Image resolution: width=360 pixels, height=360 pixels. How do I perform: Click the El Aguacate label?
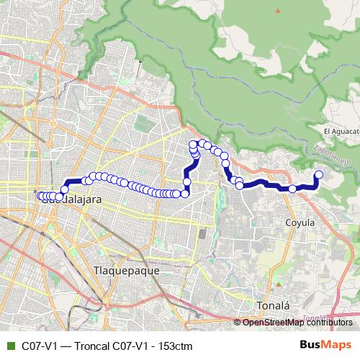pyautogui.click(x=341, y=132)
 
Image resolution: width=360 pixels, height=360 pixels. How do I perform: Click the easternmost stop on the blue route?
pyautogui.click(x=319, y=174)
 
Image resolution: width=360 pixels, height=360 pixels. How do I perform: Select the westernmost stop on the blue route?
pyautogui.click(x=40, y=196)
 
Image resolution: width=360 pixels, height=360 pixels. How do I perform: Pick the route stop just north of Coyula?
pyautogui.click(x=292, y=189)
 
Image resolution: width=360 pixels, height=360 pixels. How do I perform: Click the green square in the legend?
pyautogui.click(x=9, y=346)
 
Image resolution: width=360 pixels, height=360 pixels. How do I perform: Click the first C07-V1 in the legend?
pyautogui.click(x=40, y=346)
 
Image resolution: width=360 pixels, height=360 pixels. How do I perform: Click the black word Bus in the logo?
pyautogui.click(x=311, y=345)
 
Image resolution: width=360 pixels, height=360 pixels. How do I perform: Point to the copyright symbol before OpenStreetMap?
pyautogui.click(x=238, y=323)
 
